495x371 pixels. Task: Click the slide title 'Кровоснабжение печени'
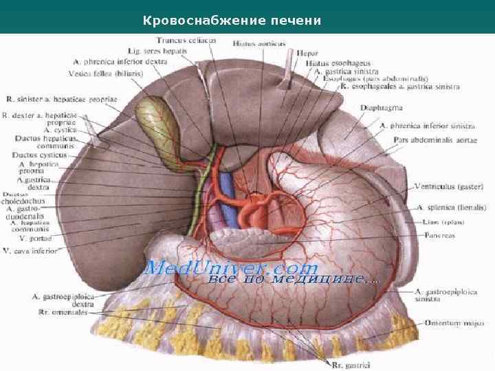(232, 21)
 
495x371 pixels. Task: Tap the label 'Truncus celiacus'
(186, 41)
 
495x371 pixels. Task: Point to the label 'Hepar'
(307, 52)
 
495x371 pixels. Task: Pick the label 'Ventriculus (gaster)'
(449, 186)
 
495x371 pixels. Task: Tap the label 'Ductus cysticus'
(40, 155)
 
